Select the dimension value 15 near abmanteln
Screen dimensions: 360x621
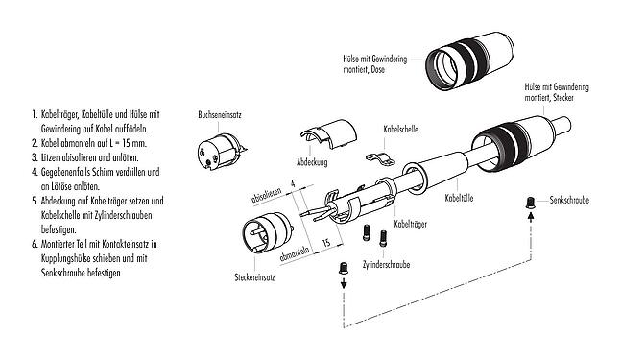[x=327, y=246]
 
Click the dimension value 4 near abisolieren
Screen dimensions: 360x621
[x=292, y=181]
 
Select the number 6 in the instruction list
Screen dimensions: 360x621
[x=34, y=246]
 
